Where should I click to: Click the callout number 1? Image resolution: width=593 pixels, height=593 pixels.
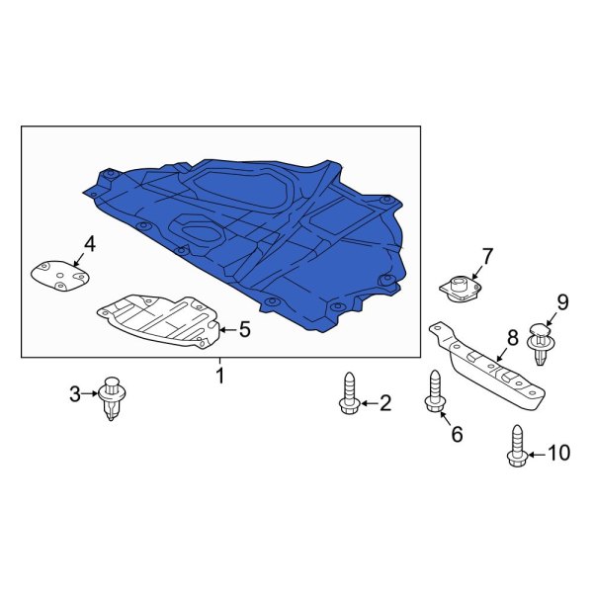(220, 376)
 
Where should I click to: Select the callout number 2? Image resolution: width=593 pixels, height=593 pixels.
(384, 402)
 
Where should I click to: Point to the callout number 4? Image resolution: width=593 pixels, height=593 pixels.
(89, 244)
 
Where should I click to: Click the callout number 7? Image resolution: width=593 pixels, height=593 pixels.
(485, 257)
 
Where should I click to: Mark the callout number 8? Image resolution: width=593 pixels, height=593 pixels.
(511, 337)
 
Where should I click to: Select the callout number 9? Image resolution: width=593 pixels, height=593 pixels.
(562, 301)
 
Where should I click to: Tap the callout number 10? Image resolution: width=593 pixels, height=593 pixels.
(558, 453)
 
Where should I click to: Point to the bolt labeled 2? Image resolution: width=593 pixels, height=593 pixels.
(349, 396)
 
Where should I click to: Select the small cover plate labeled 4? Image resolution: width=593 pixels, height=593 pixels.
(59, 274)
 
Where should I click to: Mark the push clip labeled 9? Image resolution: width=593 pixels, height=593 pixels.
(540, 341)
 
